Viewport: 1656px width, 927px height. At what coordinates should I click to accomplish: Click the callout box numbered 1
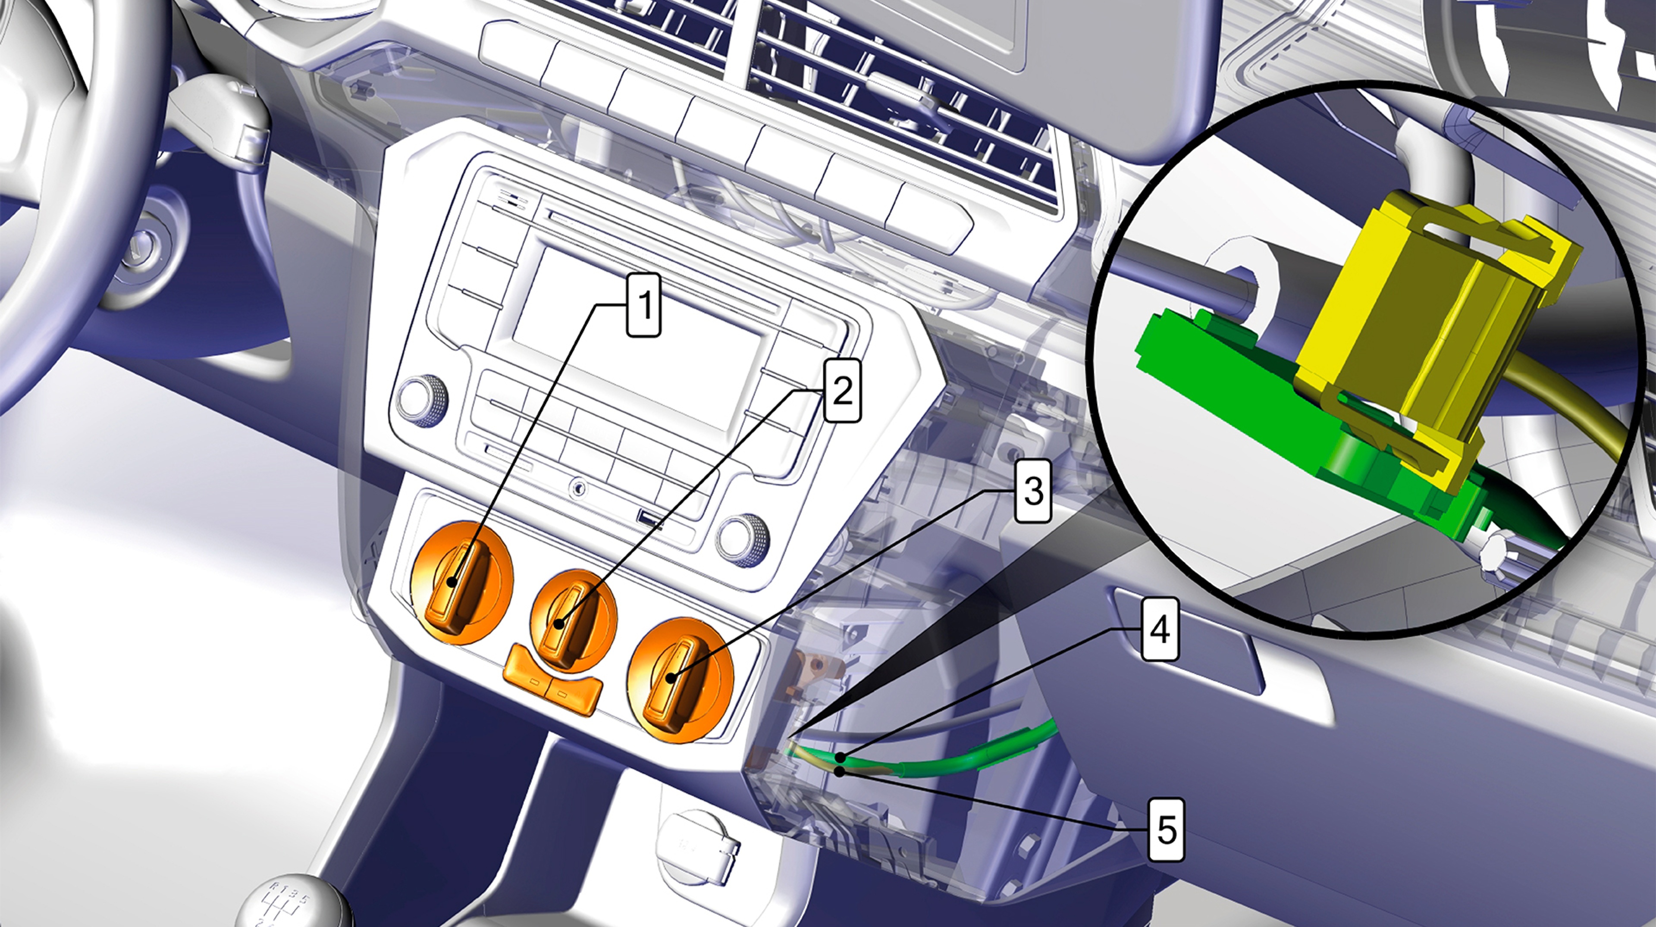tap(643, 305)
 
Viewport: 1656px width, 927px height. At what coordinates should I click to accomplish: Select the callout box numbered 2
tap(842, 390)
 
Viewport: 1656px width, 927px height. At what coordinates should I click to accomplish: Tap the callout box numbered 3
tap(1033, 491)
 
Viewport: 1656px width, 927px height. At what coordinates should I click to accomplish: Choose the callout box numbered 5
tap(1166, 830)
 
